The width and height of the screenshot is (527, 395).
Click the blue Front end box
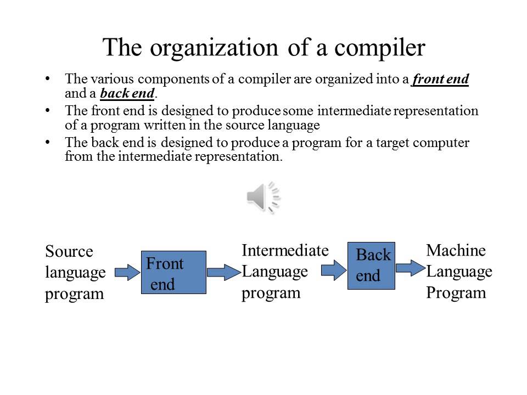[x=173, y=273]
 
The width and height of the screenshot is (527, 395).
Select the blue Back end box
[x=371, y=266]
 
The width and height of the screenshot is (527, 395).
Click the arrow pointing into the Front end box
[x=127, y=272]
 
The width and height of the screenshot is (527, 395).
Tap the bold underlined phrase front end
[x=441, y=79]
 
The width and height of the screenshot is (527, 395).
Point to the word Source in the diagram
[x=69, y=252]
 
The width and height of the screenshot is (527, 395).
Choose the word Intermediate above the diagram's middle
[x=285, y=251]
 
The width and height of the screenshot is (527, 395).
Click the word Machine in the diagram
[x=456, y=251]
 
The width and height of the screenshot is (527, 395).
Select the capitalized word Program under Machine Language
[x=456, y=292]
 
